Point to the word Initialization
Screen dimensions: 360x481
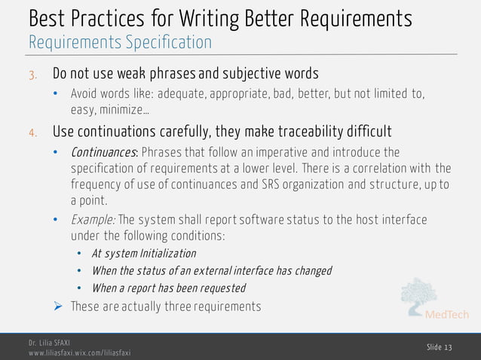(x=167, y=253)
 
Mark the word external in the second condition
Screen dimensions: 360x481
(x=233, y=270)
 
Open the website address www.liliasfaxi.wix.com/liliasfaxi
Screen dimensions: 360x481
(x=79, y=352)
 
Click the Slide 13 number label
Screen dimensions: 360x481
(x=440, y=346)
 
